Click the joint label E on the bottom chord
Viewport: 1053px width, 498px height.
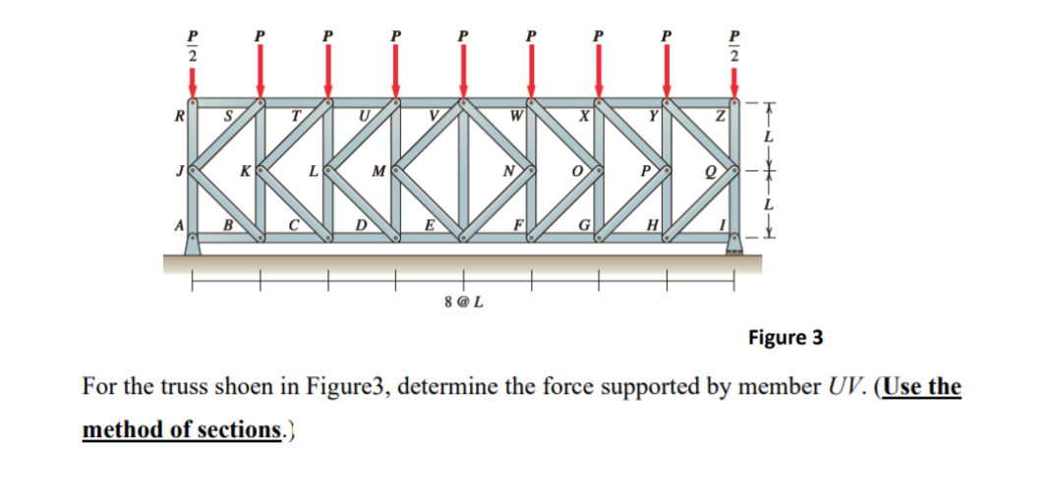tap(429, 224)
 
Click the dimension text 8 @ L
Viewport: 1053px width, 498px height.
tap(463, 301)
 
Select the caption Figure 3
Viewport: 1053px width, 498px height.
tap(785, 338)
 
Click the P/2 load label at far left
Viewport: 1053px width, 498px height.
tap(193, 46)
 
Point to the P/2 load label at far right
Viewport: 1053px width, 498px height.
tap(733, 46)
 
